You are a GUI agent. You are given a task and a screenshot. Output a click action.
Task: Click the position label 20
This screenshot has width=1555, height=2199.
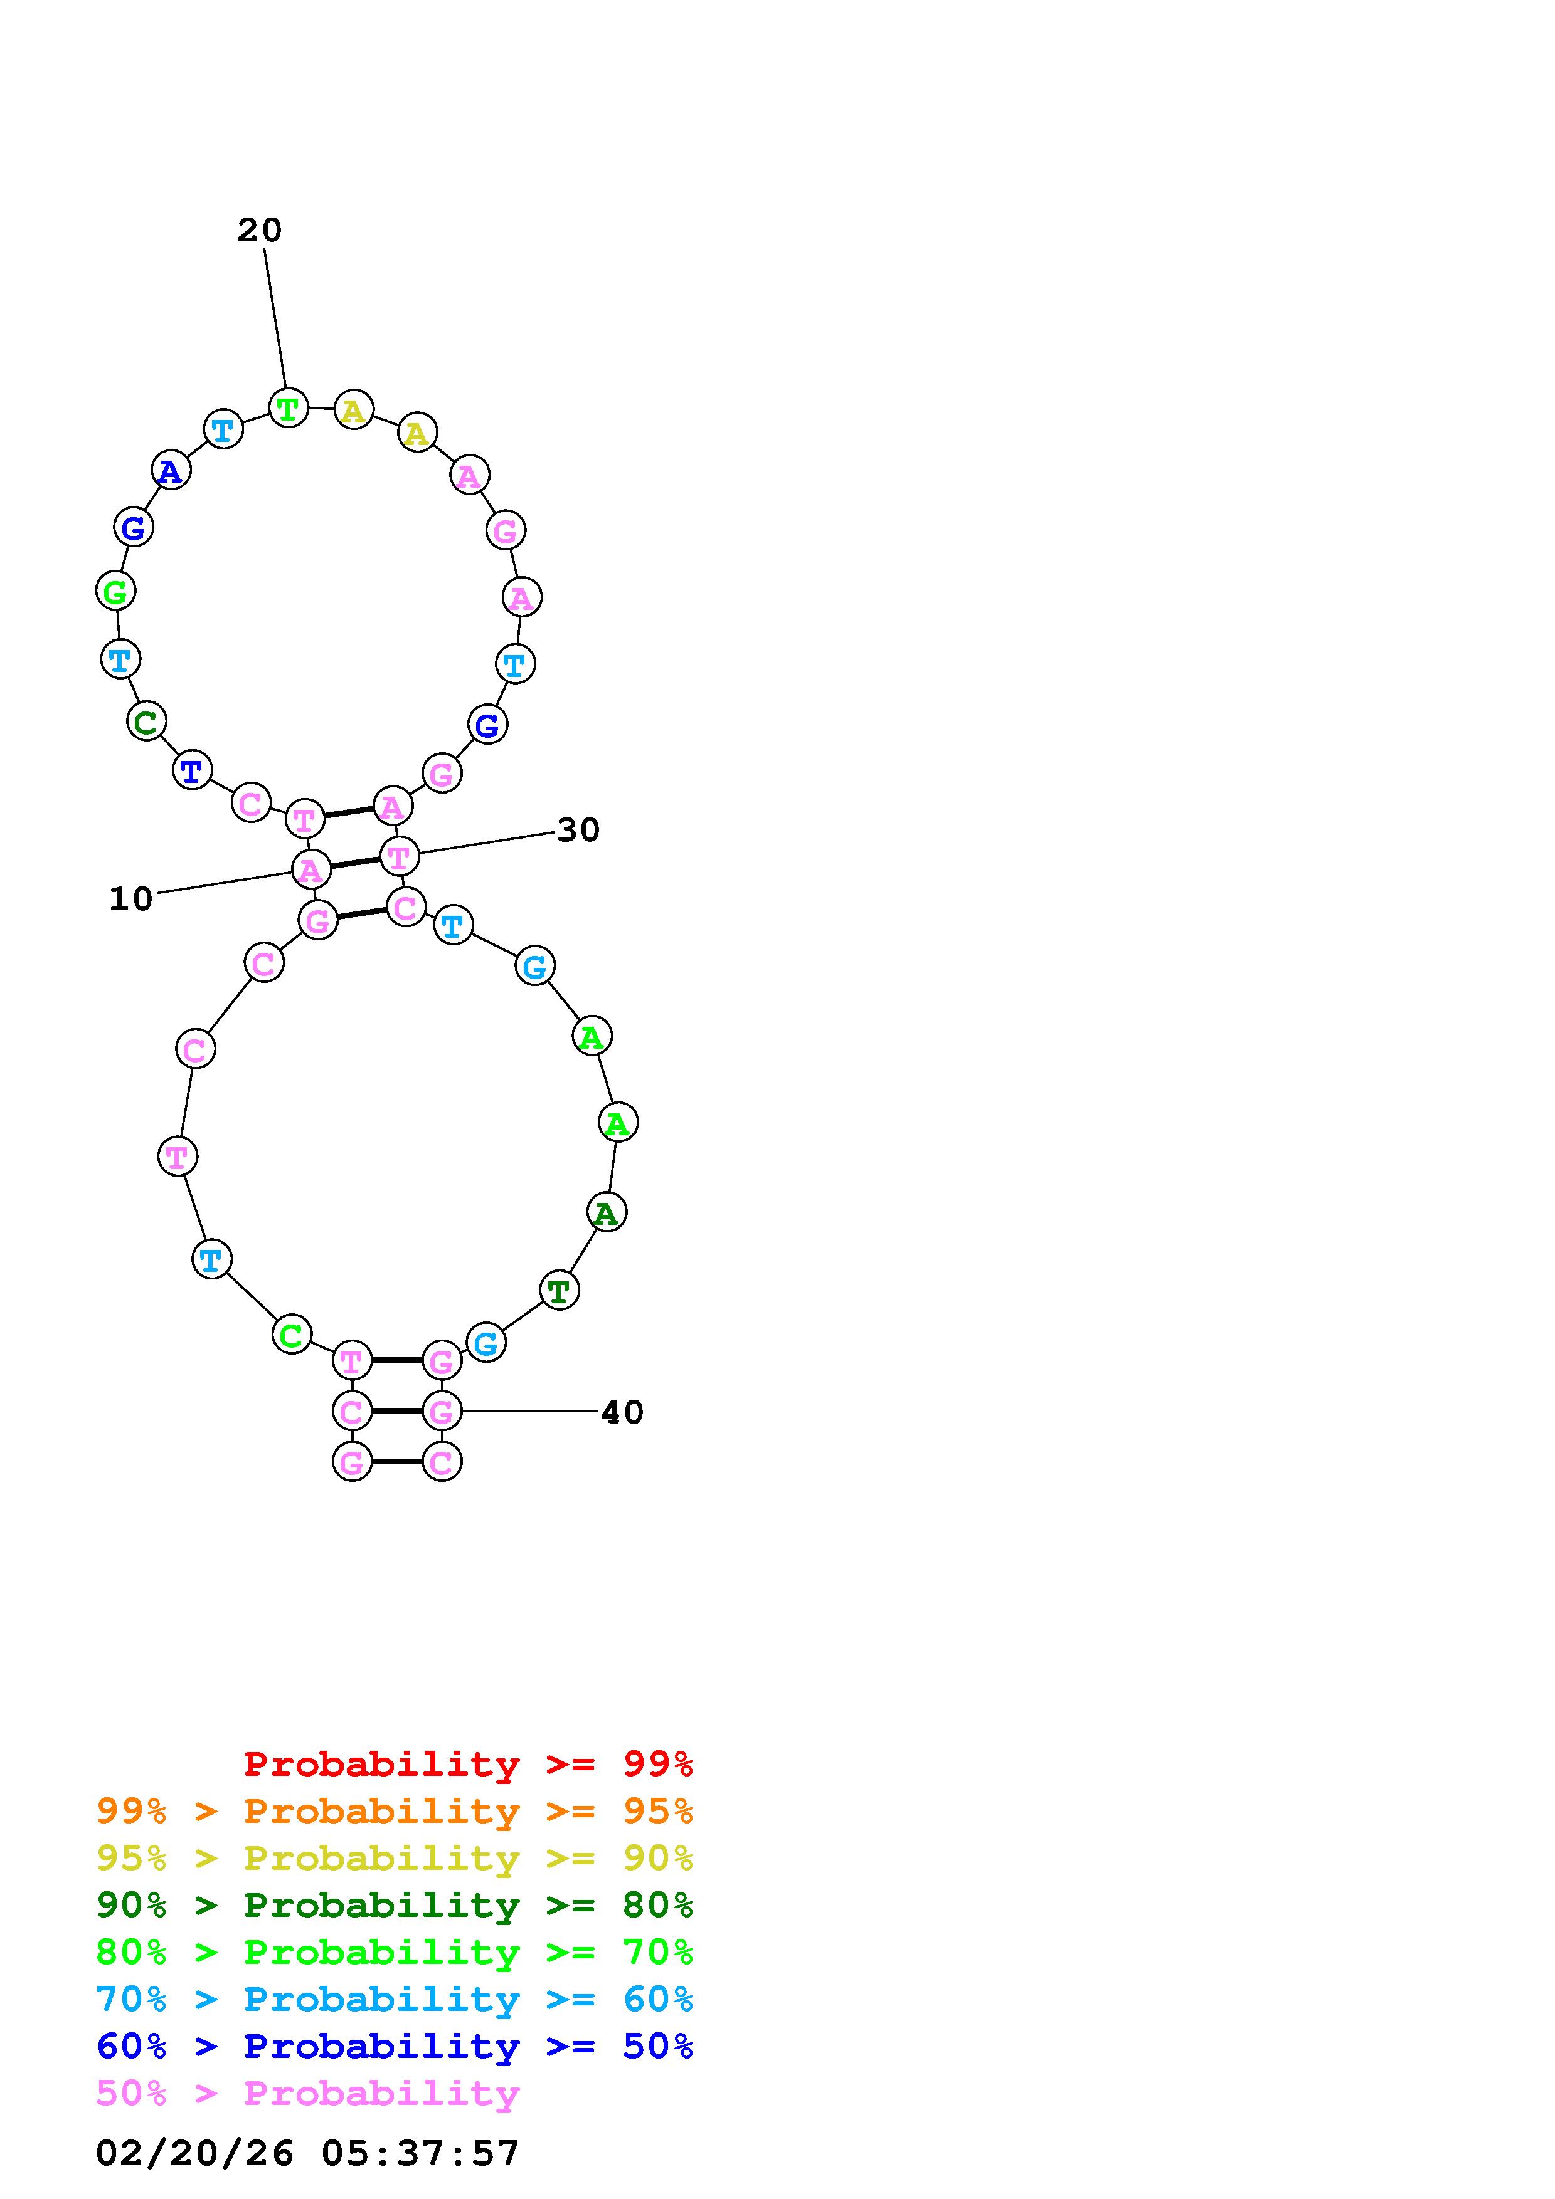(260, 230)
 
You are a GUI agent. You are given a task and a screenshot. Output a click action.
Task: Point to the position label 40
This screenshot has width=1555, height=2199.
(622, 1412)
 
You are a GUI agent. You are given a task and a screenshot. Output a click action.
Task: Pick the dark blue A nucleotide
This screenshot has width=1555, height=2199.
(171, 470)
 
